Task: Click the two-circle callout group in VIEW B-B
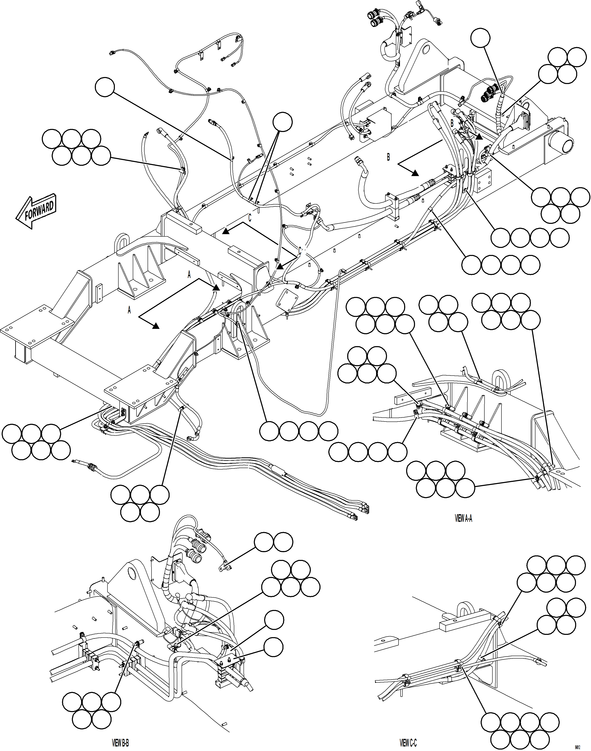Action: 273,542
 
